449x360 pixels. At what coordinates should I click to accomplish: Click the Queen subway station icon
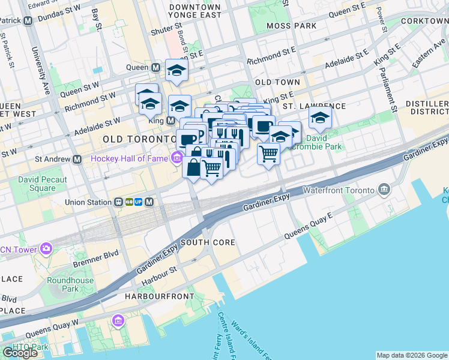pyautogui.click(x=155, y=68)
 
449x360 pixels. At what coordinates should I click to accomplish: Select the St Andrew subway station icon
pyautogui.click(x=77, y=160)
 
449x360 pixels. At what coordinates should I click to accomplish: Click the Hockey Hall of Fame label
pyautogui.click(x=128, y=158)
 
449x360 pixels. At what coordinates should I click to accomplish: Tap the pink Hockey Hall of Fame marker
pyautogui.click(x=176, y=158)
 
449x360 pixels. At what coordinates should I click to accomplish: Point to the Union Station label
pyautogui.click(x=88, y=202)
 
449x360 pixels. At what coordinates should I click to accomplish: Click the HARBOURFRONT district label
pyautogui.click(x=159, y=296)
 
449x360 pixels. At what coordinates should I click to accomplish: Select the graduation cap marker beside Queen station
pyautogui.click(x=176, y=71)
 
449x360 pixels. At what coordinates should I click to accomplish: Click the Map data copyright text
pyautogui.click(x=412, y=355)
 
